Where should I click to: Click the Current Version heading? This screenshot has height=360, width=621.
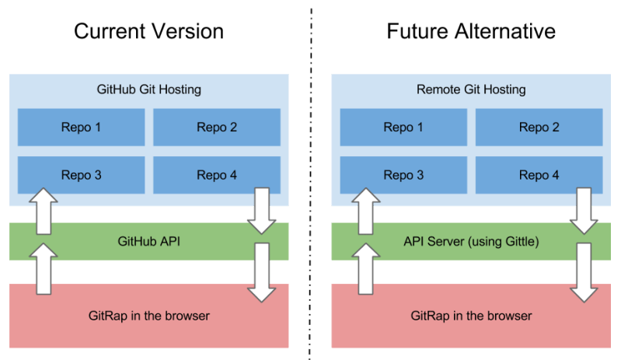point(148,32)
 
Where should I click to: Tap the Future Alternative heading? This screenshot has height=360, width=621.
point(471,32)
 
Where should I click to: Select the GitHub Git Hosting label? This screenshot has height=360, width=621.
point(148,89)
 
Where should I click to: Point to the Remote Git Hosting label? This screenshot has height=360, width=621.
point(471,89)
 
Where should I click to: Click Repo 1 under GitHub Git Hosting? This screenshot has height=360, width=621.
point(81,128)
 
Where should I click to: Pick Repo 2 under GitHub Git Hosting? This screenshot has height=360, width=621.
point(217,128)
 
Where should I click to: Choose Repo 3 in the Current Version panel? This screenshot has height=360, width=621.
point(81,175)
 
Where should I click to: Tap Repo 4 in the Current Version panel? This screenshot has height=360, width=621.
point(217,175)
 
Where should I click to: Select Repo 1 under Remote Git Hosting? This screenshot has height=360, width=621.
point(403,128)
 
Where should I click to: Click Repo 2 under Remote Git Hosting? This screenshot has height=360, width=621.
point(539,128)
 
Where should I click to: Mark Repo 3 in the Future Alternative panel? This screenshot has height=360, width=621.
point(403,175)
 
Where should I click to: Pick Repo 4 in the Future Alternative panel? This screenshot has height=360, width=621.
point(539,175)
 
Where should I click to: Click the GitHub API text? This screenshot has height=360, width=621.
point(148,242)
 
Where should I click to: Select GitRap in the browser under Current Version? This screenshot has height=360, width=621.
point(148,316)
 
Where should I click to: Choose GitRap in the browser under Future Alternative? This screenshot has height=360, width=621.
point(471,316)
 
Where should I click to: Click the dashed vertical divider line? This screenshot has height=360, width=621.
point(310,187)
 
